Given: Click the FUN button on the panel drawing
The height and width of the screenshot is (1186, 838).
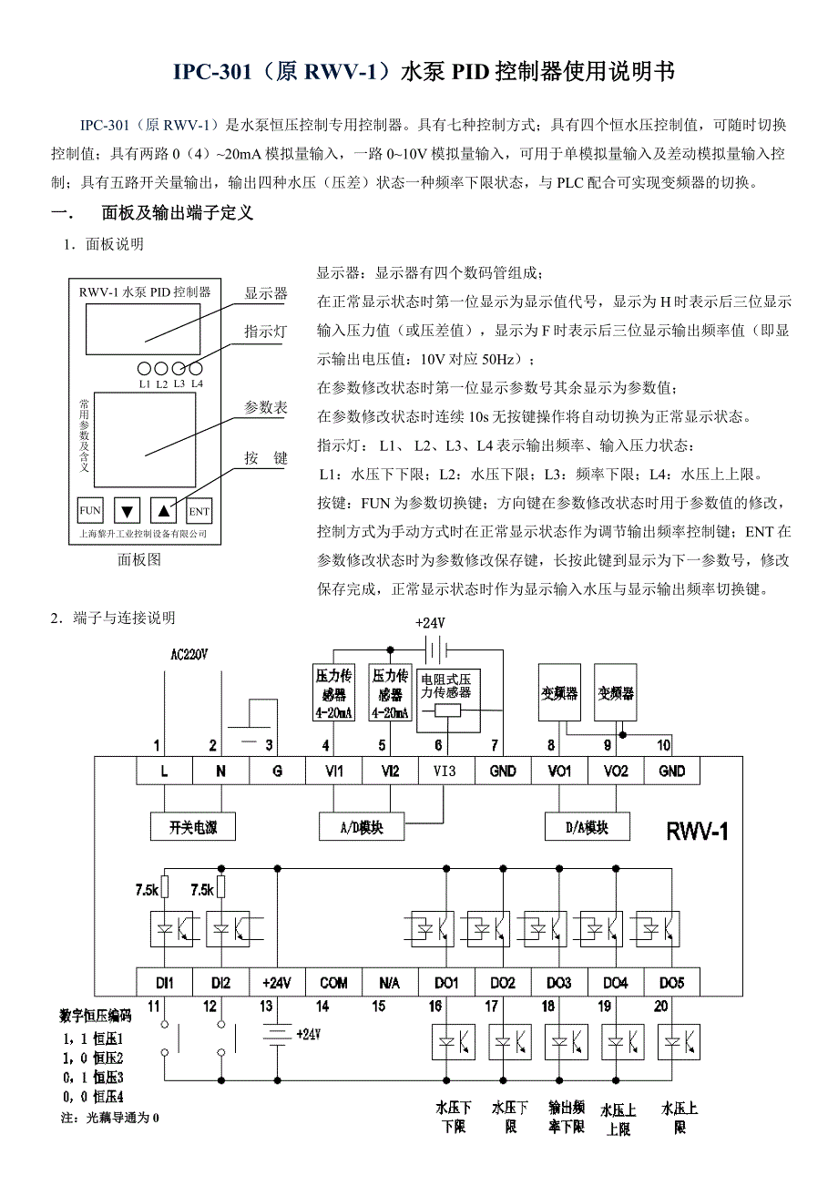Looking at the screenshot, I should pyautogui.click(x=90, y=511).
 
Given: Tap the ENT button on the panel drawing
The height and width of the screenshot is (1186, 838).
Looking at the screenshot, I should pyautogui.click(x=199, y=511).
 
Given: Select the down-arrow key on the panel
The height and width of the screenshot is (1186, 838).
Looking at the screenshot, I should pyautogui.click(x=127, y=511).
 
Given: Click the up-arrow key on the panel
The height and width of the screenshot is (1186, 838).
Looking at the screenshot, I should pyautogui.click(x=162, y=511).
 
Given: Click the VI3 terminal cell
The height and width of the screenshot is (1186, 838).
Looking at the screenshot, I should pyautogui.click(x=445, y=771).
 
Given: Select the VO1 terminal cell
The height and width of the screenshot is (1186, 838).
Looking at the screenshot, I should pyautogui.click(x=558, y=771).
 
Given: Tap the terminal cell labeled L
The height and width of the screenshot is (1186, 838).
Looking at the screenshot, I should pyautogui.click(x=165, y=771).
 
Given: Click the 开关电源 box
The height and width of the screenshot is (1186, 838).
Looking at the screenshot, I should pyautogui.click(x=192, y=827).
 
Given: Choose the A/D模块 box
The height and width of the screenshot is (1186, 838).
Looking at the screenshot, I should pyautogui.click(x=361, y=827).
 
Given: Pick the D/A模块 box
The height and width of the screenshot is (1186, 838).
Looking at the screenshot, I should pyautogui.click(x=587, y=827).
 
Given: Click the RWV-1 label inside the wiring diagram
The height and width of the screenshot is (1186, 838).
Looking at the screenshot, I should pyautogui.click(x=698, y=831).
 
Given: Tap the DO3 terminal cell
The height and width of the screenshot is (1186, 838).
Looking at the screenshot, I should pyautogui.click(x=558, y=983).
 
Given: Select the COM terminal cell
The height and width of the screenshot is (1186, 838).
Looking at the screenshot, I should pyautogui.click(x=333, y=983).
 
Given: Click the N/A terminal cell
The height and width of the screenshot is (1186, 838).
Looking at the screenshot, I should pyautogui.click(x=389, y=983).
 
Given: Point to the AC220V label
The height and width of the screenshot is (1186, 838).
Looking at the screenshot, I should pyautogui.click(x=189, y=654).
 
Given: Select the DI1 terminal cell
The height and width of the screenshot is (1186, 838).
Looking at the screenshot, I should pyautogui.click(x=165, y=983).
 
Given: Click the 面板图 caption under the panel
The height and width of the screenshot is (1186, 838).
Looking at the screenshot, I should pyautogui.click(x=139, y=560).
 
